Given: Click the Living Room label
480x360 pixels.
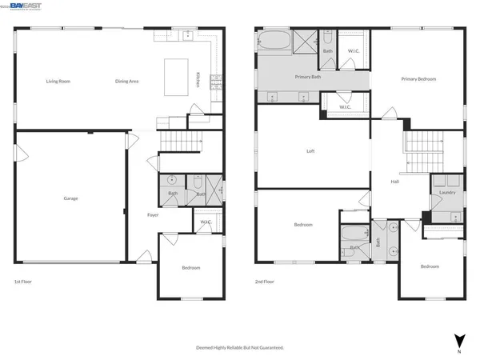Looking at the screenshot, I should point(58,81).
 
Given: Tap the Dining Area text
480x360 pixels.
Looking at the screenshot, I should point(127,81).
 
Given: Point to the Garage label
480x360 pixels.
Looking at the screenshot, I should point(70,198).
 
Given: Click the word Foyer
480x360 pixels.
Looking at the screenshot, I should point(153,215).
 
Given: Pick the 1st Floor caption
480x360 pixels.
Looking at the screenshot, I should point(24,282).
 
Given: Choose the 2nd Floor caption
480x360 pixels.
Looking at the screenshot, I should point(265,282).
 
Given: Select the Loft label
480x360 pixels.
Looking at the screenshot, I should point(310,151).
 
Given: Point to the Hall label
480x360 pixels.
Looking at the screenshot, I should point(394,182).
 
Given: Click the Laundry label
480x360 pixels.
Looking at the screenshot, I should point(448,192).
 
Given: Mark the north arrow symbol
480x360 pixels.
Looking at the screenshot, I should point(458,341).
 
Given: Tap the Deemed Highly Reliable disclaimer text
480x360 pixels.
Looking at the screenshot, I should point(240,348).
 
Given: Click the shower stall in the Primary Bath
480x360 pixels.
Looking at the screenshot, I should point(306,41).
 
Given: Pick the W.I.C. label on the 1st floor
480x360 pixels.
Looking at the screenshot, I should point(206,222).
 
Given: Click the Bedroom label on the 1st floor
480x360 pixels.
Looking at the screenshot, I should point(190,267).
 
